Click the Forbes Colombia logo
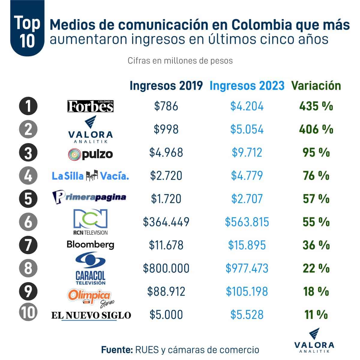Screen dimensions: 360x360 [x=90, y=106]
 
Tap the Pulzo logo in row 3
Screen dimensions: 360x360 [x=90, y=154]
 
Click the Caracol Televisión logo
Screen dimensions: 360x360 [x=90, y=268]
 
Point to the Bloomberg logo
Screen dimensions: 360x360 [x=90, y=244]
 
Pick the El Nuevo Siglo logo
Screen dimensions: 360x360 [x=91, y=315]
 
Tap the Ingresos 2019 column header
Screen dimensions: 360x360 [x=166, y=86]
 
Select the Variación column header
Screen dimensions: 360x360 [x=316, y=86]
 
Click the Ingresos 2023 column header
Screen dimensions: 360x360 [x=247, y=86]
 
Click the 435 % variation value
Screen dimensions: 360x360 [x=316, y=106]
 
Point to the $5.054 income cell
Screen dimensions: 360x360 [x=247, y=129]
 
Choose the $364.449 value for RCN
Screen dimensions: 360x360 [x=166, y=222]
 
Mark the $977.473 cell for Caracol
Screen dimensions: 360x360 [x=247, y=268]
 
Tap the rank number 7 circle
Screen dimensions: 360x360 [x=28, y=245]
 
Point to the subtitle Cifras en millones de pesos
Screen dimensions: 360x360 [x=180, y=61]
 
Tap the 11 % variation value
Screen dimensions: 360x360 [x=316, y=315]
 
